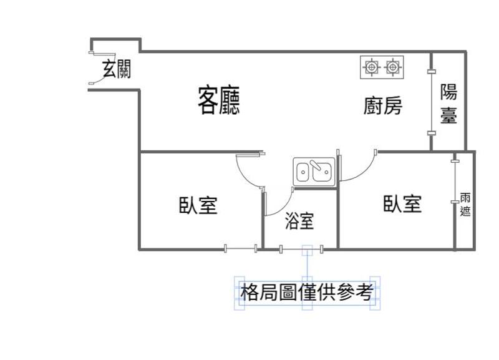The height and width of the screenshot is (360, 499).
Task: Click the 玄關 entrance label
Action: pos(117,69)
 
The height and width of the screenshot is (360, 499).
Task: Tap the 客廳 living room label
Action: pos(219,100)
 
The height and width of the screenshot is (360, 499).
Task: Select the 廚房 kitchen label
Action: pos(383,105)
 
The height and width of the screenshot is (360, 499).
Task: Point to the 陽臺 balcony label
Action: pos(448,104)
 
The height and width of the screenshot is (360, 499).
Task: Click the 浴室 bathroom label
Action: pos(299,221)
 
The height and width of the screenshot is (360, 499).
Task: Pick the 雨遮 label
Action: pos(465,205)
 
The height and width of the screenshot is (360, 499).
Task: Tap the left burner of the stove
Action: pos(371,67)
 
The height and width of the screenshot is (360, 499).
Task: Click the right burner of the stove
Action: pos(392,67)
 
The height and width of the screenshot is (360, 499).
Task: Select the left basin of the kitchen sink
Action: pos(303,172)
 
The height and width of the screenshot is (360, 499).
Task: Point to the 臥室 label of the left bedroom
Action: pos(198,205)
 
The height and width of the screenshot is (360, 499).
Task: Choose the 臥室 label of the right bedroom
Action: pos(402,204)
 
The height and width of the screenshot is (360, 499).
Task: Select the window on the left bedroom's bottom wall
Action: pos(241,248)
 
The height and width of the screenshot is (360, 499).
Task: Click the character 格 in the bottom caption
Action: pos(249,292)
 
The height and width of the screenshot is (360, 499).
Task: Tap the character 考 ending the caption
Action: pos(364,292)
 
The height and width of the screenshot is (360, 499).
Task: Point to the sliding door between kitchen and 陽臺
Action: pos(431,102)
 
